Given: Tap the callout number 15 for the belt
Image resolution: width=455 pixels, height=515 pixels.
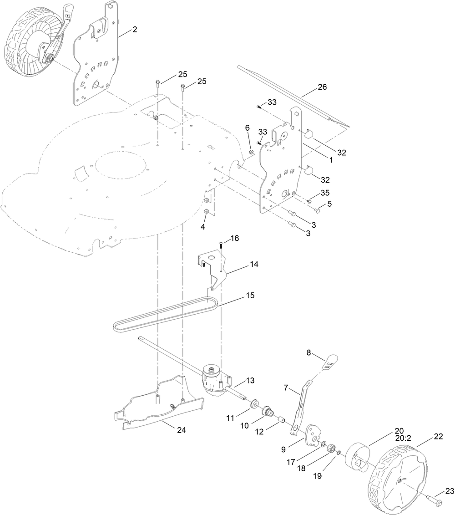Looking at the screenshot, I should (x=250, y=296).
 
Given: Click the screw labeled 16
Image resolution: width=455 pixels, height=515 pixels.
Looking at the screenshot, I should (x=222, y=245).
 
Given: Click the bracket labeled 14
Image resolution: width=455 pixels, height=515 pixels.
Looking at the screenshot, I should (x=212, y=270).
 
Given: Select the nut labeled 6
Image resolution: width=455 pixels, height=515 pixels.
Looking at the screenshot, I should (x=252, y=151).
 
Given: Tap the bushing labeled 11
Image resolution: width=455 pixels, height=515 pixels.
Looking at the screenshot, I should (x=254, y=403).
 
